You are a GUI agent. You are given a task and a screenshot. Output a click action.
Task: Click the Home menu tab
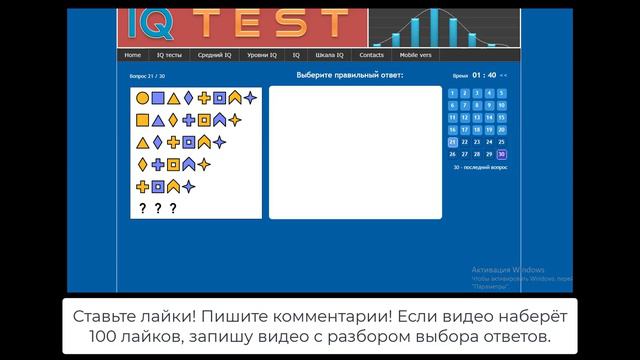tap(133, 55)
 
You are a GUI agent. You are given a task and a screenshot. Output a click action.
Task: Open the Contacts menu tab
tap(371, 55)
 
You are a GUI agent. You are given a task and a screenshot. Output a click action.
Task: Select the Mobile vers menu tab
tap(416, 55)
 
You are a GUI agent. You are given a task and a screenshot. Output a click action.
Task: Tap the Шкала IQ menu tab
tap(329, 55)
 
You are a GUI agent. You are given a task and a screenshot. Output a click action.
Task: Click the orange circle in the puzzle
tap(142, 98)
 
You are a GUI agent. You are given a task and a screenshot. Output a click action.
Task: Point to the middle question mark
tap(158, 208)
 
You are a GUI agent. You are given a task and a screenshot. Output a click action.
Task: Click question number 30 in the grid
tap(501, 154)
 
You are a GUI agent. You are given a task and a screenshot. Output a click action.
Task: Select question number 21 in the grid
tap(452, 142)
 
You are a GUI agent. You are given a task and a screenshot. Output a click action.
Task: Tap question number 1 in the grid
tap(452, 93)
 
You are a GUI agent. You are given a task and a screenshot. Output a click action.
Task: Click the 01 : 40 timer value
tap(484, 75)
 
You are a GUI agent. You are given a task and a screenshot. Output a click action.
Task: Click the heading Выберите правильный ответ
tap(349, 75)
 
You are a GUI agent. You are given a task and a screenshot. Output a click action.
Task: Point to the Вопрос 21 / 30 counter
tap(148, 76)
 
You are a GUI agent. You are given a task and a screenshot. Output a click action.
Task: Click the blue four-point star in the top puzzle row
tap(250, 98)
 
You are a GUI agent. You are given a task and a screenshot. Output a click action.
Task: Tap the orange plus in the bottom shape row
tap(142, 186)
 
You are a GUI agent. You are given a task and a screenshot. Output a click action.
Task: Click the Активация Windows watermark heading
tap(508, 270)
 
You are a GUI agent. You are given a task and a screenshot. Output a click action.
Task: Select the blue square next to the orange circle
tap(157, 98)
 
